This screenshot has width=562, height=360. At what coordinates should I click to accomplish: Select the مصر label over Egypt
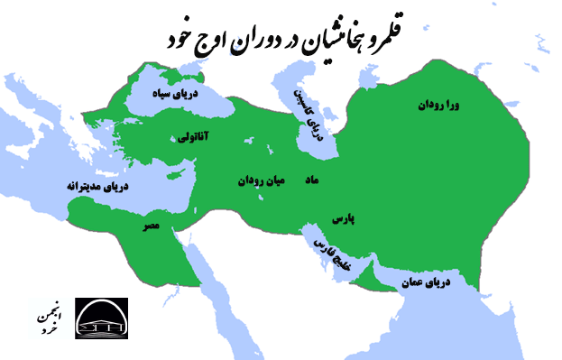(x=152, y=227)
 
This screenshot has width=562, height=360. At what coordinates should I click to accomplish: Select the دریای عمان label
(x=438, y=282)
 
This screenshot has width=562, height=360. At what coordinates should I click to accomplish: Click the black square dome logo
(x=101, y=318)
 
